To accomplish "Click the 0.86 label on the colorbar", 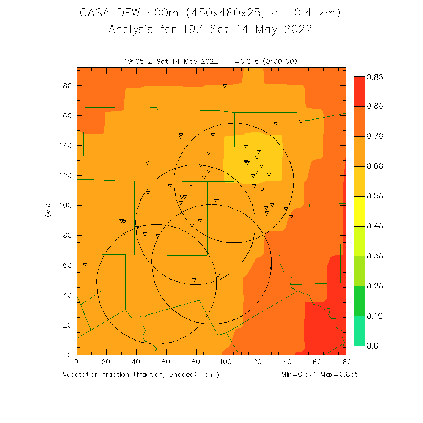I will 375,77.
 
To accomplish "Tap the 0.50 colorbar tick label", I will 375,196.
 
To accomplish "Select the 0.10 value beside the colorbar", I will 375,316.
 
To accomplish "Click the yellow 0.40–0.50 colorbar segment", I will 359,211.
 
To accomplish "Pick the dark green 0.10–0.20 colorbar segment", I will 359,301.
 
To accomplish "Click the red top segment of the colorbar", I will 359,91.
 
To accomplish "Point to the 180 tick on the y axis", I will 66,86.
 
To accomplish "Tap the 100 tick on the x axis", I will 225,362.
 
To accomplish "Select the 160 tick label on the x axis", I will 315,362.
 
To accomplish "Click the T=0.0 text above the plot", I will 242,61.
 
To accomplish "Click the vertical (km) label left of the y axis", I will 47,210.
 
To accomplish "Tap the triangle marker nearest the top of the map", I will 225,86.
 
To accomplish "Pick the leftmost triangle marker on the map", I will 85,265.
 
